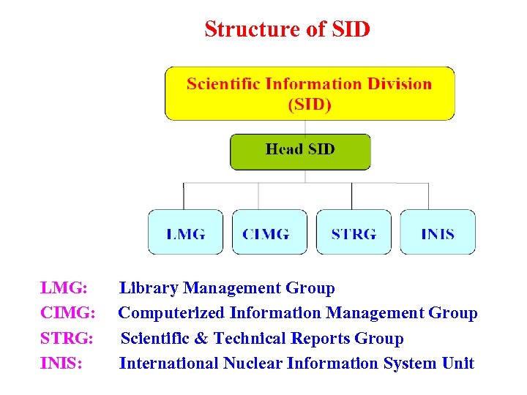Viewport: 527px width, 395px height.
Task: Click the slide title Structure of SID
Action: pos(287,29)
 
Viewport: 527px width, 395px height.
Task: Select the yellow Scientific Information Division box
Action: pos(309,93)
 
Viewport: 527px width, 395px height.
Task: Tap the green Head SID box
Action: pos(300,151)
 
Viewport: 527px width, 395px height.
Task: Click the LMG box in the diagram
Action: pos(185,233)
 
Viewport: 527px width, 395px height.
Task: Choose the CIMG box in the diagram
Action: pos(269,233)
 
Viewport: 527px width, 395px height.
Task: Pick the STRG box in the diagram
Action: pos(354,233)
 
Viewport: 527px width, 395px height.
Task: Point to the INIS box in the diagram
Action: pos(438,233)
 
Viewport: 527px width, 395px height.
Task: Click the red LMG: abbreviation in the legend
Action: pos(64,288)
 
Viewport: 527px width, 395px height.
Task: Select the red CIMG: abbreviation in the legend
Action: pos(67,313)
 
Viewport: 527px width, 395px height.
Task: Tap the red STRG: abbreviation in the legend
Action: pos(67,339)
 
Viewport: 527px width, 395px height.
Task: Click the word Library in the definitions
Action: pos(149,288)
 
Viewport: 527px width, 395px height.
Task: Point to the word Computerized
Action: pos(172,313)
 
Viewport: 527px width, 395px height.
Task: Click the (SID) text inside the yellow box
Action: pos(310,105)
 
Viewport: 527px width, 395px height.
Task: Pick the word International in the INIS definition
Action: pos(169,364)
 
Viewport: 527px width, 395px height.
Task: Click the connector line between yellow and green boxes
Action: pos(305,127)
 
